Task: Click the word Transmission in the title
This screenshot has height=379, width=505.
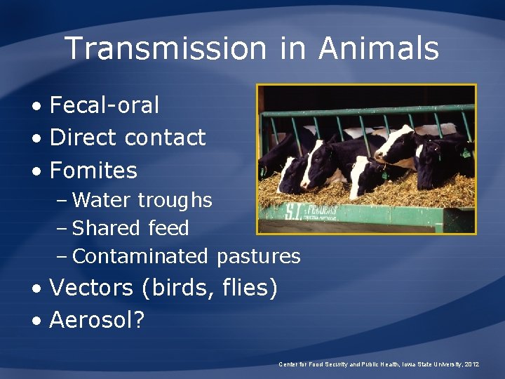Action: [165, 49]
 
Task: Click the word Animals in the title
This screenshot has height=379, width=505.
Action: [379, 49]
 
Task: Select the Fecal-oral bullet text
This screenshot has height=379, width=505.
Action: [105, 105]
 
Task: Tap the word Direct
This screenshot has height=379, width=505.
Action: [83, 138]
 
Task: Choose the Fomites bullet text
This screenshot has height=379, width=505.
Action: [93, 170]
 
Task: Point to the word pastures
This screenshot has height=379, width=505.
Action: [258, 257]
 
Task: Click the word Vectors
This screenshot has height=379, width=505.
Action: [91, 288]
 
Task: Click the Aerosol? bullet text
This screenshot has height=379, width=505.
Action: [97, 320]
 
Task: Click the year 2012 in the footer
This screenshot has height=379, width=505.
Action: [472, 364]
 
